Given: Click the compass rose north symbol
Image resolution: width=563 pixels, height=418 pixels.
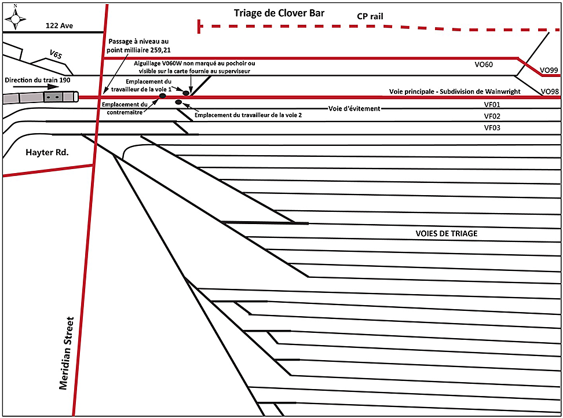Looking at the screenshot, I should coord(16,17).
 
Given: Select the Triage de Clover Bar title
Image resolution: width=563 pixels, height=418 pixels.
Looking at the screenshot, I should coord(279,13).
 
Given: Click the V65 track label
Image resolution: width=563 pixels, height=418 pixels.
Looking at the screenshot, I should coord(56,55).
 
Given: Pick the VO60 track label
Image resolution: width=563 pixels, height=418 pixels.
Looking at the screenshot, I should coord(484,65).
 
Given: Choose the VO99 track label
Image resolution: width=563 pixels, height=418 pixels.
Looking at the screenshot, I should coord(549,70).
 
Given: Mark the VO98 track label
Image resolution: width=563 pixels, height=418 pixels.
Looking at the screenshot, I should coord(549,91).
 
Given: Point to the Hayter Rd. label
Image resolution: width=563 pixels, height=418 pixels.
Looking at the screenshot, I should coord(47,153).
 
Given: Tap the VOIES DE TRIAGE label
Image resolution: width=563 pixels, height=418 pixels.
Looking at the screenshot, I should coord(446,234).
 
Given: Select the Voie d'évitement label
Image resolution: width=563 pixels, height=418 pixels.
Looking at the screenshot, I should coord(354,109).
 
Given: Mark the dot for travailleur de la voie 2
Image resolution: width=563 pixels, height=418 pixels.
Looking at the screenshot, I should coord(178,103).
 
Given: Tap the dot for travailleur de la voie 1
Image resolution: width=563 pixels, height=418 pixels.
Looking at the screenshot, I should coord(185,93).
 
